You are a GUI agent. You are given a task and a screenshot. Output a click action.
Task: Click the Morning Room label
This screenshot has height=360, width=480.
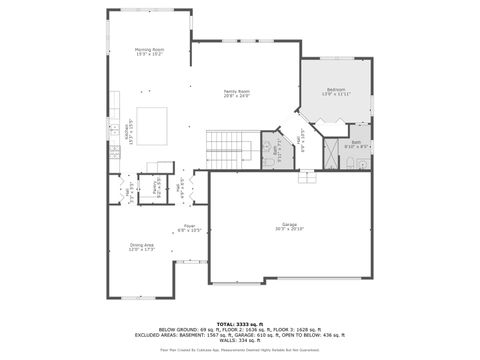click(x=150, y=51)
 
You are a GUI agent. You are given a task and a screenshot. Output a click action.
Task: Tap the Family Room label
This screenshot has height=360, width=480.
click(x=237, y=93)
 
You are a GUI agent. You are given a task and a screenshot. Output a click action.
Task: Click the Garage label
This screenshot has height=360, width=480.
click(x=289, y=227)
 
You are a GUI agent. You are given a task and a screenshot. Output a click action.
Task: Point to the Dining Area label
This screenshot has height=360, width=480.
click(x=141, y=246)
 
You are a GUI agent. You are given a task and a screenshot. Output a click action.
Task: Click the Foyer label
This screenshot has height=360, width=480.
click(x=190, y=227)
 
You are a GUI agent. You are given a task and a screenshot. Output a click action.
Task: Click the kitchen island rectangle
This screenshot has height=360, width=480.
click(x=153, y=125)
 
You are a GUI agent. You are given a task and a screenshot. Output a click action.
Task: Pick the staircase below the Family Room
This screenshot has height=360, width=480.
click(x=226, y=149)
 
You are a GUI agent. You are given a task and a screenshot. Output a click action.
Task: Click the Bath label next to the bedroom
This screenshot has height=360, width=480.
click(x=357, y=144)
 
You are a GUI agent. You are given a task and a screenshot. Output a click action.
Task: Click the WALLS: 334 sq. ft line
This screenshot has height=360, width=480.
click(x=239, y=341)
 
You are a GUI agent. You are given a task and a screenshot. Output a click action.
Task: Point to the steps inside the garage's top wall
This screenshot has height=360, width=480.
click(x=306, y=178)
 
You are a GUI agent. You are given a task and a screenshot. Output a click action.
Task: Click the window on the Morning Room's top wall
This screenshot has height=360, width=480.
click(x=149, y=11)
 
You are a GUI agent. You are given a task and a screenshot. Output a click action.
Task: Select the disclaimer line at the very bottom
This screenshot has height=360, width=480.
click(x=239, y=351)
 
